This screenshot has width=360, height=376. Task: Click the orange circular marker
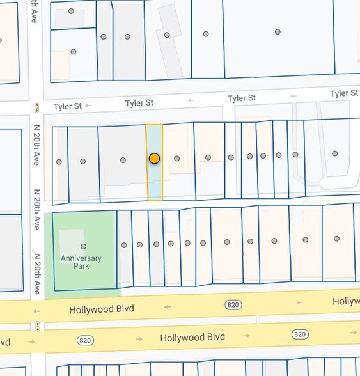coord(154,158)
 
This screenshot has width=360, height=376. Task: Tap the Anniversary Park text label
coord(81,263)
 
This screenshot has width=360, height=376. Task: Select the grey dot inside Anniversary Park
coord(83,246)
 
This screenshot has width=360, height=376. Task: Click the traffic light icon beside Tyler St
coord(37,107)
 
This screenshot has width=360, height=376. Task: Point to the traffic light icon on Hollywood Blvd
coord(38,326)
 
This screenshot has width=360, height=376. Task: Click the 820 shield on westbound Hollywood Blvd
coord(233,304)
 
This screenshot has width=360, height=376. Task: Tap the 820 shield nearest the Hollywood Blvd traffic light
coord(85,340)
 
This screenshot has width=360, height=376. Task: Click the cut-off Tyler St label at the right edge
coord(344,93)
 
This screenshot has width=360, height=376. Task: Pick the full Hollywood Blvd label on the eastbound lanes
coord(192,337)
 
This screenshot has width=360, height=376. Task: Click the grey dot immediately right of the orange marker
coord(177,158)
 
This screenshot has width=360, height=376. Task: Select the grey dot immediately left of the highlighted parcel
coord(123,160)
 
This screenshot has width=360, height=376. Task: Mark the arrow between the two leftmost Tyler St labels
coord(88,105)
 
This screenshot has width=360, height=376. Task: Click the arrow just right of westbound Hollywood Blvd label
coord(168,306)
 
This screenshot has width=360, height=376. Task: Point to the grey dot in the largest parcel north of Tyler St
coord(278,31)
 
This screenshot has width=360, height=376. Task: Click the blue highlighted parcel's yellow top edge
coord(154,125)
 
